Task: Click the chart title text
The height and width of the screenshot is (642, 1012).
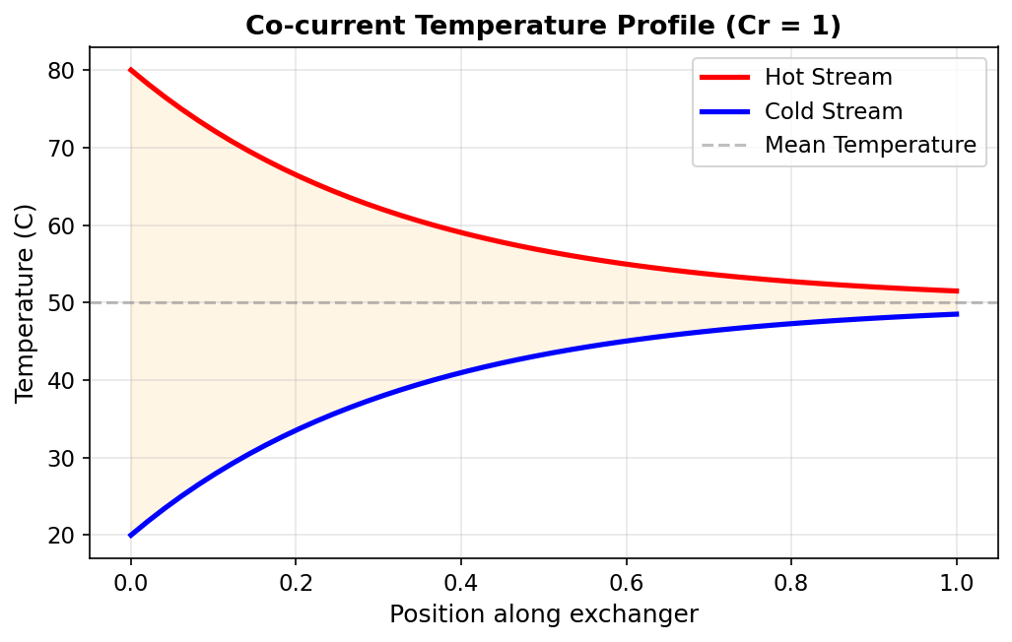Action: [x=543, y=26]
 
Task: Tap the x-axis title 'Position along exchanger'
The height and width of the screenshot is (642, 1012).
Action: [x=543, y=614]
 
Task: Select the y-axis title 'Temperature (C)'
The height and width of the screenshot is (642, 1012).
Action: [x=26, y=302]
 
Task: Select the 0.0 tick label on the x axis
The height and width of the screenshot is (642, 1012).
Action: [x=130, y=581]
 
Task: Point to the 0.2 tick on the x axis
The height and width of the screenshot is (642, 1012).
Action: [x=296, y=581]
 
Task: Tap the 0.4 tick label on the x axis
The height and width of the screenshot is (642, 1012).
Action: [x=461, y=581]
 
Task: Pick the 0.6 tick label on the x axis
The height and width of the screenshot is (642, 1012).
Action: [x=626, y=581]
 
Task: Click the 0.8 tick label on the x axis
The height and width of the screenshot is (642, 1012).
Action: [x=791, y=581]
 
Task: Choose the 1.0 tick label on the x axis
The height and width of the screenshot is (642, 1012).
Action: [x=957, y=581]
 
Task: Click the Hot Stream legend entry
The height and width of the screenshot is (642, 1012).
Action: [x=828, y=77]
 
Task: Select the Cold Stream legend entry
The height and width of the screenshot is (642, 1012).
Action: [x=833, y=111]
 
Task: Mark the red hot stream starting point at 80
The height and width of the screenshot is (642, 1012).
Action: [x=131, y=70]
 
